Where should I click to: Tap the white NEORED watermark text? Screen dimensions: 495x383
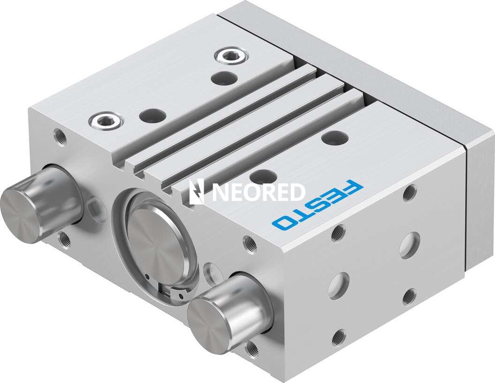(x=259, y=192)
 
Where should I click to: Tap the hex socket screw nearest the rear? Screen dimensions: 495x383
(x=231, y=56)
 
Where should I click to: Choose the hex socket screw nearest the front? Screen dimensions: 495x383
(x=105, y=120)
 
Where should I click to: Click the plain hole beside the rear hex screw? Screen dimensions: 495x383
(x=224, y=77)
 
